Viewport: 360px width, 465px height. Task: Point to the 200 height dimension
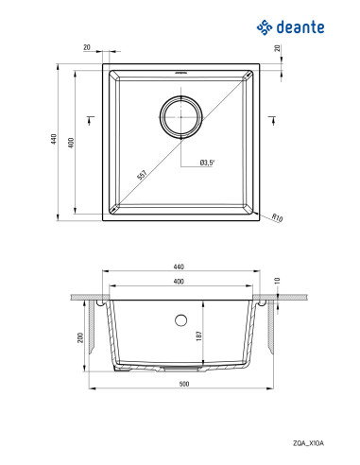point(82,336)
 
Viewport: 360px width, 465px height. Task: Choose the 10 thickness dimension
point(278,281)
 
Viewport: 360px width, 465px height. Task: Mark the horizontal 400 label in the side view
point(180,283)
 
